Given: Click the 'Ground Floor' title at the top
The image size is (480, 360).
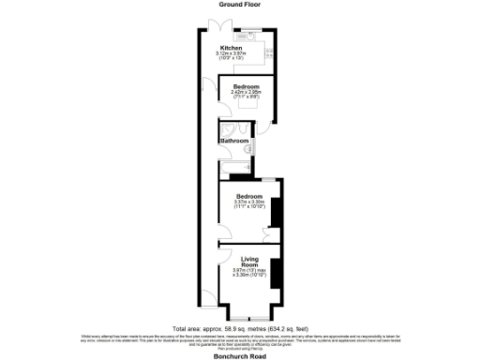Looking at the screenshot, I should coord(240,5).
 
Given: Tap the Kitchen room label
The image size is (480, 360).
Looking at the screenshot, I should coord(231,48).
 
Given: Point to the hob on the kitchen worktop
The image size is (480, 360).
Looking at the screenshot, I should coord(266,50).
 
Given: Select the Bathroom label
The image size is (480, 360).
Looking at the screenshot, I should coord(233,142).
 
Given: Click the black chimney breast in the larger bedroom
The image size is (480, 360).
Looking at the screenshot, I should coord(274,213).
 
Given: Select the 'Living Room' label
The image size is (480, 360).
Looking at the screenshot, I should coord(249,262).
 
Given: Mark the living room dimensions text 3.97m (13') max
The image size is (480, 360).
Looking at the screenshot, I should coord(249,272).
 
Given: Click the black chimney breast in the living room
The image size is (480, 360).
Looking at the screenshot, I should coord(276,271).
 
